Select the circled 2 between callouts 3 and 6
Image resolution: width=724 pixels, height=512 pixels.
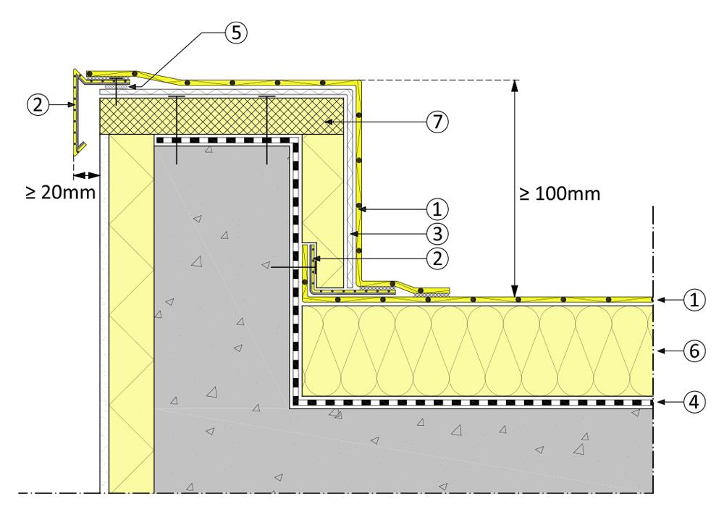pos(437,257)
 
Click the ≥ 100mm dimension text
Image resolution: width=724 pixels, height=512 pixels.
pos(560,195)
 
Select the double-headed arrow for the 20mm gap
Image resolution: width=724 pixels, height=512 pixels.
pos(86,175)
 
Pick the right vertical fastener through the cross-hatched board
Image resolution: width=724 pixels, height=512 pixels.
pos(267,130)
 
